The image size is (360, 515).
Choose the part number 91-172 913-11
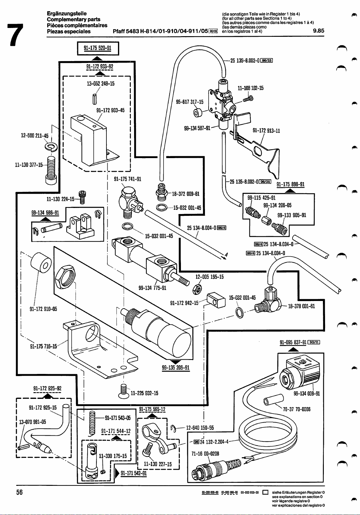266,131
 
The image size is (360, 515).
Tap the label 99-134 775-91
152,288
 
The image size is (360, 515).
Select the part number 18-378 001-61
301,306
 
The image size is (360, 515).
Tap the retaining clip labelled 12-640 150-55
174,428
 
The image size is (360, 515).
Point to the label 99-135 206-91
176,368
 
